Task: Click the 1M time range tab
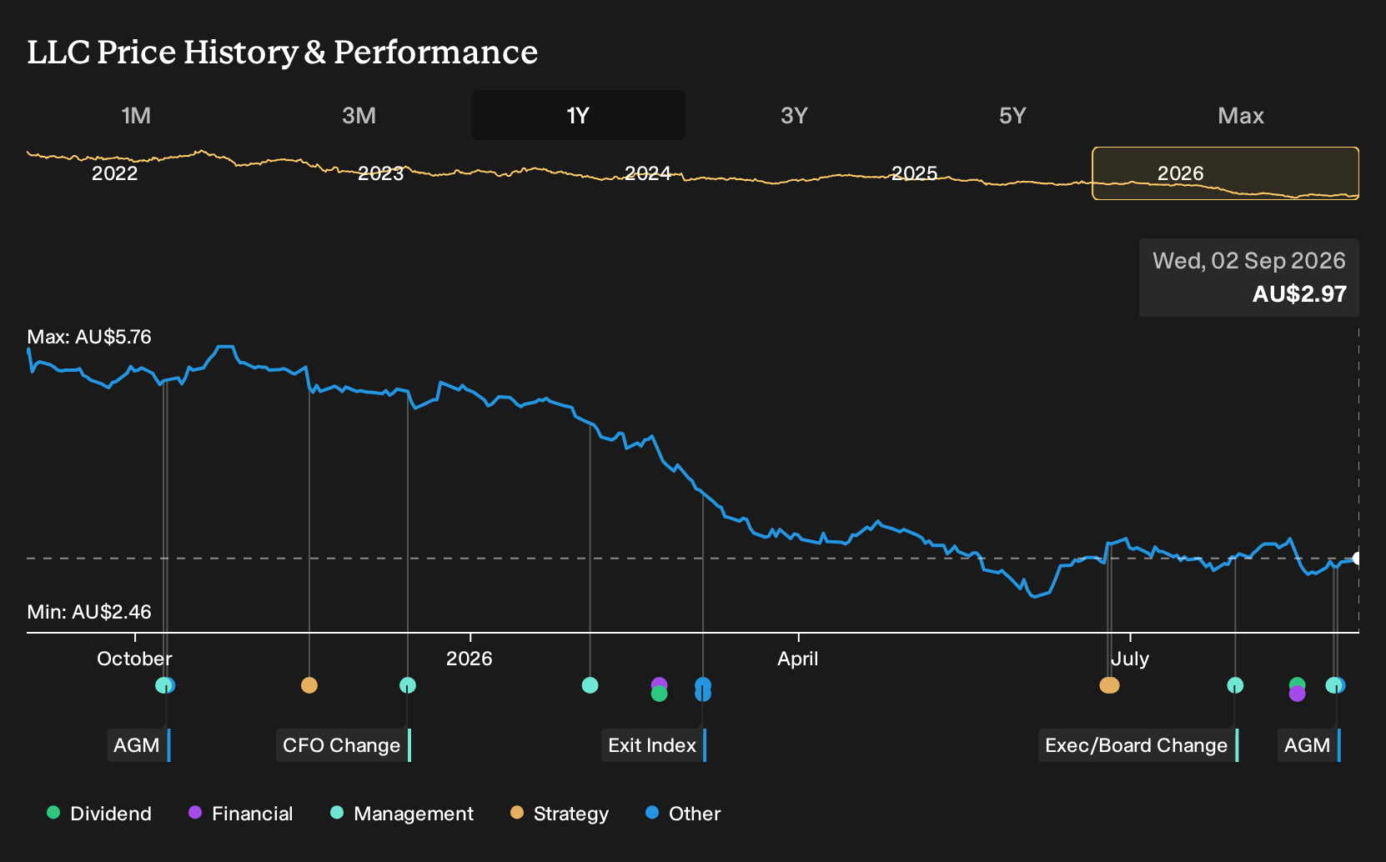coord(136,116)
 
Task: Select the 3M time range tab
coord(359,116)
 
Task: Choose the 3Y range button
coord(795,116)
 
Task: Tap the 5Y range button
coord(1013,116)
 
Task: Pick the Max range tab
coord(1241,116)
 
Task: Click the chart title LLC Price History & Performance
coord(283,52)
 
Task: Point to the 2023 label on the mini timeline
coord(380,173)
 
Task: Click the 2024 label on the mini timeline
coord(648,173)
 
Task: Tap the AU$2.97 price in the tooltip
coord(1299,293)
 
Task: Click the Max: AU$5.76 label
coord(89,337)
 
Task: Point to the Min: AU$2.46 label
coord(89,612)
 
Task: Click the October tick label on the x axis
coord(134,659)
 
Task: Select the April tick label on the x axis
coord(797,659)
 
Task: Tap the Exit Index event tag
coord(654,745)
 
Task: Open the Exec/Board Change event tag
coord(1138,745)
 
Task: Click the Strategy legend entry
coord(560,813)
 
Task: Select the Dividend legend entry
coord(99,813)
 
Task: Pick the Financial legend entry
coord(241,813)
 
